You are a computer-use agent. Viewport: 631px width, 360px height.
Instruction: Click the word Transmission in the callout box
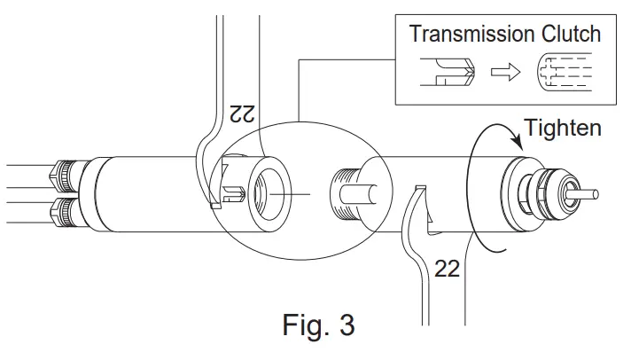[x=471, y=35]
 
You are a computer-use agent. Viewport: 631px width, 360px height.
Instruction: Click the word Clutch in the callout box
[x=571, y=35]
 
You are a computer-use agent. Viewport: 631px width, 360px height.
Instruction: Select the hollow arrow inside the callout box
[x=505, y=74]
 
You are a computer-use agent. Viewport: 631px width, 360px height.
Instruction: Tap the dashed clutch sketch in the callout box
[x=561, y=74]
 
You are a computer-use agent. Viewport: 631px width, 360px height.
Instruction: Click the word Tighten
[x=563, y=128]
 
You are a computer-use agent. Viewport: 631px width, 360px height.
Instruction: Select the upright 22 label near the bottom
[x=448, y=268]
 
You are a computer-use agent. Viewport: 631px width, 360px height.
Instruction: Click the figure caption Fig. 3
[x=319, y=325]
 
